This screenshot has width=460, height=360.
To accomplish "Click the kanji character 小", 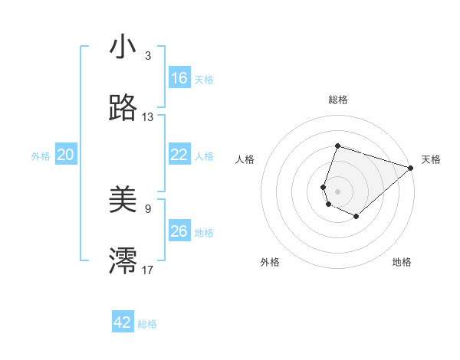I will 123,47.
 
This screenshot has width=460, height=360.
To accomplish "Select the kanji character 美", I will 123,201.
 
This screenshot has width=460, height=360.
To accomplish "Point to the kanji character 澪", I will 123,261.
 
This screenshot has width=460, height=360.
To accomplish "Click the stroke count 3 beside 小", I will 147,56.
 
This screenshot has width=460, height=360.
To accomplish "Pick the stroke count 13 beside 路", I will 147,117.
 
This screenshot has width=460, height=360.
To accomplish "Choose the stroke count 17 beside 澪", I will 147,270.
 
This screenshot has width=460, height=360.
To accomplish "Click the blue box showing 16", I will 179,78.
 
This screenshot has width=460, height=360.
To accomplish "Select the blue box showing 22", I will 179,155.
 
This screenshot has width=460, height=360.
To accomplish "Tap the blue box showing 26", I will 179,231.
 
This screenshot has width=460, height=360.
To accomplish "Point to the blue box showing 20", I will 65,155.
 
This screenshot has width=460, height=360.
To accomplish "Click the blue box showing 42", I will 123,322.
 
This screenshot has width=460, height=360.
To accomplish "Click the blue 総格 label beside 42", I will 147,324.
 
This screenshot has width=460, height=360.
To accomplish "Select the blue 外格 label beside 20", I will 41,156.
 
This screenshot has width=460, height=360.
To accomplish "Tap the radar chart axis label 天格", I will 431,159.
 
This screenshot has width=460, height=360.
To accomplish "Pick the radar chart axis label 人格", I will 245,159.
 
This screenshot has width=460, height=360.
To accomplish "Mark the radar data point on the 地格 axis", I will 356,217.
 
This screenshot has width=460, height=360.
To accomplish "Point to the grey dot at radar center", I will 338,191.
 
